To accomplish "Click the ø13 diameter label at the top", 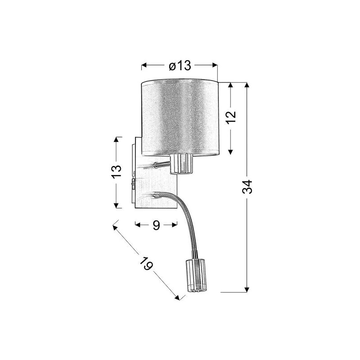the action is pyautogui.click(x=180, y=66).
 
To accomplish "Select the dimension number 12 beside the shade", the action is pyautogui.click(x=231, y=117).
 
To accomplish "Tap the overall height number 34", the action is pyautogui.click(x=247, y=186).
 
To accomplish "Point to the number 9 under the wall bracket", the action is pyautogui.click(x=156, y=225).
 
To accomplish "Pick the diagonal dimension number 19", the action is pyautogui.click(x=146, y=263).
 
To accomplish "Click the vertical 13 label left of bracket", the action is pyautogui.click(x=116, y=172).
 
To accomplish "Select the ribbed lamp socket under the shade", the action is pyautogui.click(x=182, y=164).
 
